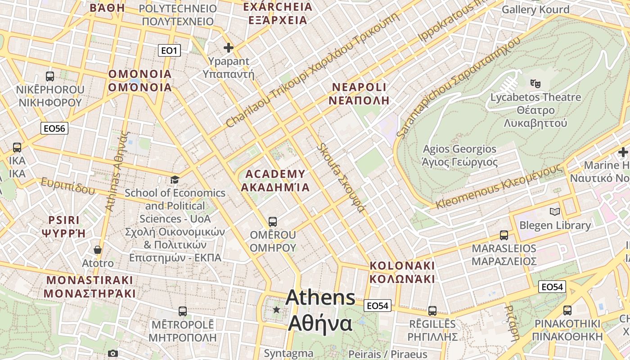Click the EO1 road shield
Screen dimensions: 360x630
[x=169, y=50]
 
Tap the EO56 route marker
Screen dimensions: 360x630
[x=54, y=129]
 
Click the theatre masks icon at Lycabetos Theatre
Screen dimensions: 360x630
[x=535, y=83]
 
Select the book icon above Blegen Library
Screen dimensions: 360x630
[x=555, y=211]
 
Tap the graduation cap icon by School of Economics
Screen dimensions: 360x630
[x=175, y=180]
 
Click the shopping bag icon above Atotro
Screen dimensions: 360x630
[x=98, y=250]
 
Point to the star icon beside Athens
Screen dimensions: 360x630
[x=276, y=310]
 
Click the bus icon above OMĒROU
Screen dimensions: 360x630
[x=273, y=221]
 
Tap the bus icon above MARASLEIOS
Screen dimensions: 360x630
[x=504, y=235]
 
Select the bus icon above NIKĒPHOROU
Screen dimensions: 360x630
[x=50, y=76]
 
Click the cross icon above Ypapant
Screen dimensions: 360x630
[x=229, y=48]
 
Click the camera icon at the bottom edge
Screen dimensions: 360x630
[x=113, y=354]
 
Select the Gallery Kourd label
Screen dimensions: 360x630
[x=535, y=9]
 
